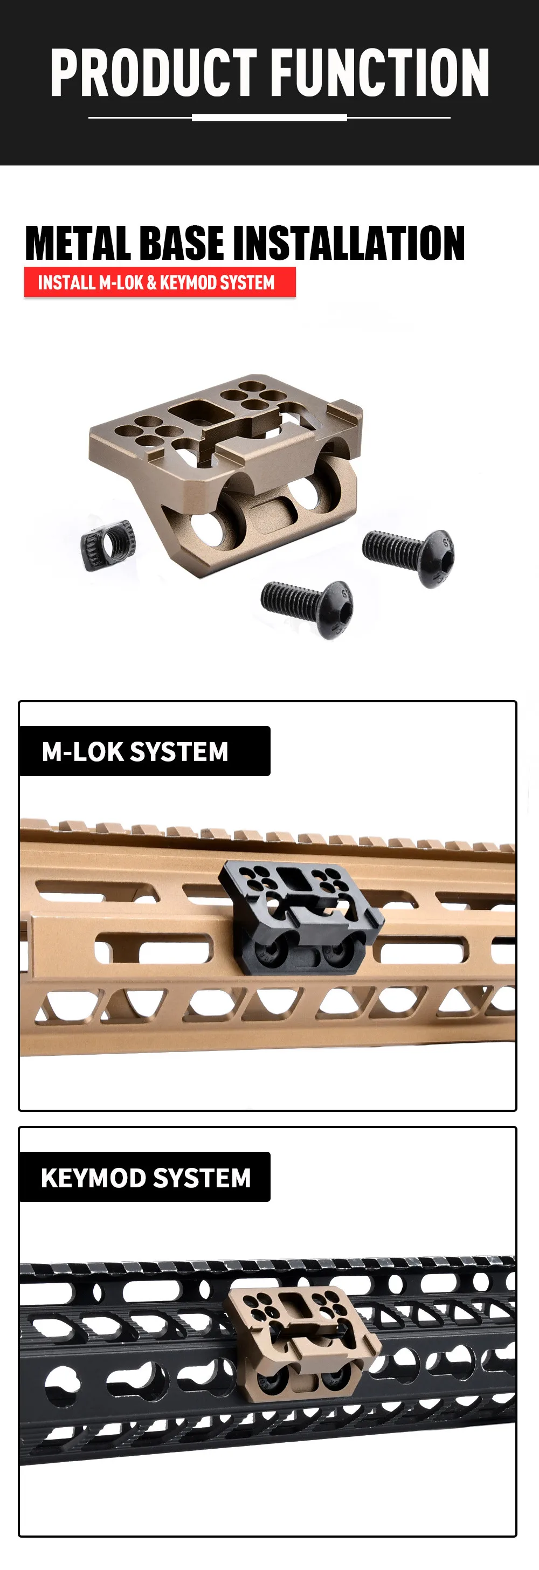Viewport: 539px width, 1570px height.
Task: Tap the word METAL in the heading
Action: click(78, 243)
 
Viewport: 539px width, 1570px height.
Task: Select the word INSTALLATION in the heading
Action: click(349, 243)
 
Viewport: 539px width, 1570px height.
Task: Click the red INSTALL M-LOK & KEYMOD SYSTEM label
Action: click(160, 282)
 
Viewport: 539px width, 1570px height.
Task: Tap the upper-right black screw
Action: click(409, 557)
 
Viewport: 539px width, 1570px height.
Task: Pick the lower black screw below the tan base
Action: click(307, 608)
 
